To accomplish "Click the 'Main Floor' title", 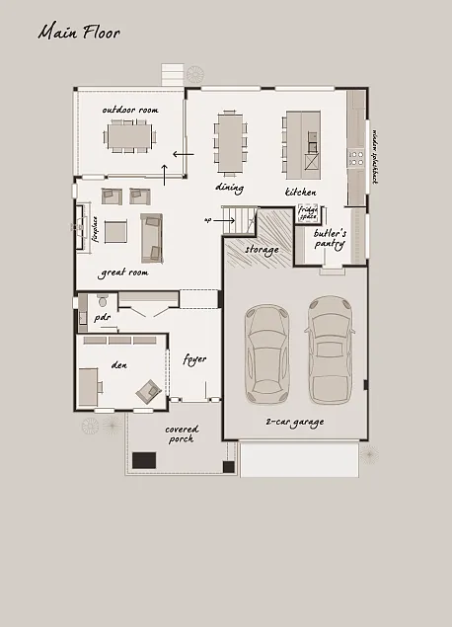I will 79,33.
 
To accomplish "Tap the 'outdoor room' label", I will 129,110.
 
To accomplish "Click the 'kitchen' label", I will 300,191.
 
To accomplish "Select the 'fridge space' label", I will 308,213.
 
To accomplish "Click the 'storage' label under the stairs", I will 262,250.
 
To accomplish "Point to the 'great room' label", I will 123,272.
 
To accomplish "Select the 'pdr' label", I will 102,318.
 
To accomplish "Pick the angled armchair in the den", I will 149,389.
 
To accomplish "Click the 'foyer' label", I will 194,358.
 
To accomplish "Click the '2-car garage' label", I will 294,422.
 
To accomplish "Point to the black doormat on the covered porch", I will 145,459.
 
